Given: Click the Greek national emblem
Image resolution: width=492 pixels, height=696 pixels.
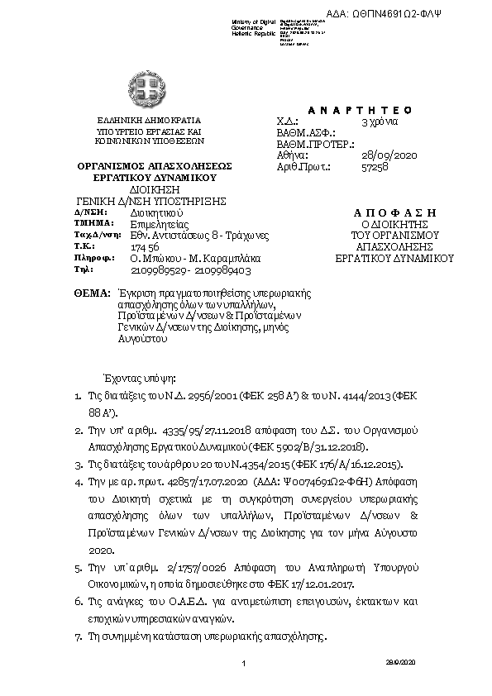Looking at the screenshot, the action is (x=148, y=87).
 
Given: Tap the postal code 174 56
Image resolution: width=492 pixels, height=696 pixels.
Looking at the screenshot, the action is (x=145, y=246).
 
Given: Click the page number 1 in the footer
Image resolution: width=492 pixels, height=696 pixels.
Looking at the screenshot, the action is (x=245, y=664).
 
